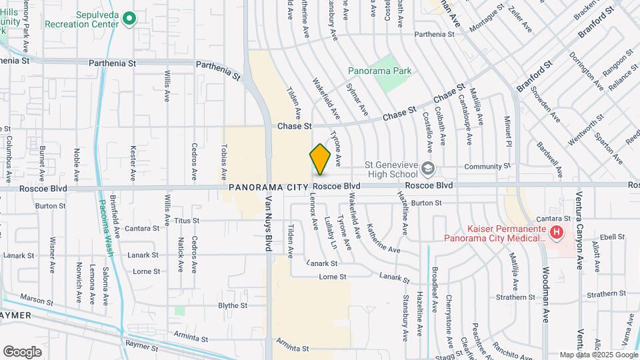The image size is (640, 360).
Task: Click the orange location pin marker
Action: [320, 159]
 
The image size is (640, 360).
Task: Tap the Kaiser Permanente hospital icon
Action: [557, 233]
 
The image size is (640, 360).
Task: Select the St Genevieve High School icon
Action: [427, 168]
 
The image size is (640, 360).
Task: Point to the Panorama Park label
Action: [380, 71]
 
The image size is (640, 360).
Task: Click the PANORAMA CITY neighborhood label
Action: [269, 187]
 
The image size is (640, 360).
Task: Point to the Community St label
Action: [487, 165]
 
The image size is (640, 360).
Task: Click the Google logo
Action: [22, 351]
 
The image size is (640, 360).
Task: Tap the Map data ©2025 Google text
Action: [597, 355]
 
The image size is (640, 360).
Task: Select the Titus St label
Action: [187, 221]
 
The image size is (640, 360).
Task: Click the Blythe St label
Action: [233, 305]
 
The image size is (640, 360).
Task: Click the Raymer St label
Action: [141, 344]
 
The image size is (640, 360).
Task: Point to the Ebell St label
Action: [611, 236]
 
